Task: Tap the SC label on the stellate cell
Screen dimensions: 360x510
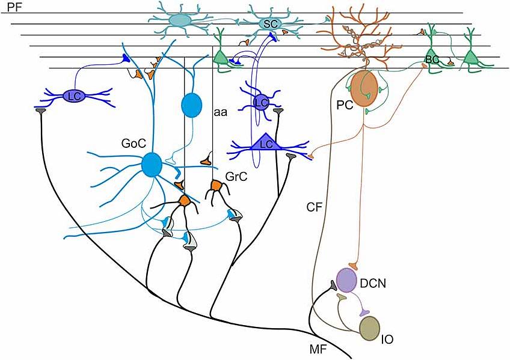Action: (271, 23)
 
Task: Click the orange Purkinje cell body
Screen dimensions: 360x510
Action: (364, 88)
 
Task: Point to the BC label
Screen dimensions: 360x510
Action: (432, 59)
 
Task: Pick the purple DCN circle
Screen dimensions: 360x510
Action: (346, 280)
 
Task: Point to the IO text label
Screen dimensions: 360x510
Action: (388, 340)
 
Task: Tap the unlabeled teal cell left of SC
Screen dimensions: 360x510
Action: (178, 20)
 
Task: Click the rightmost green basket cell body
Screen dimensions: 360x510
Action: (472, 58)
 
